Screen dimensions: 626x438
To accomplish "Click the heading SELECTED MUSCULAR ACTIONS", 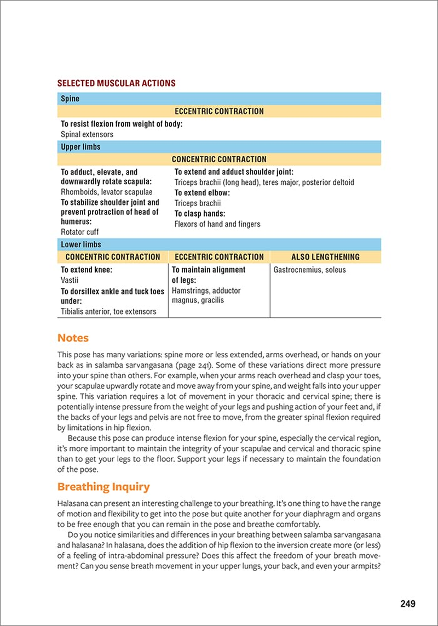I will pos(116,83).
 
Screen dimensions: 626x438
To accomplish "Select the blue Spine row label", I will pos(70,99).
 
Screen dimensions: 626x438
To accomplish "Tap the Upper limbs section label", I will pos(80,147).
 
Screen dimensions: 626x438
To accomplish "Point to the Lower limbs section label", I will pos(81,244).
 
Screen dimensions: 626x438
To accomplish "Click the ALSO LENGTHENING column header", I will pos(325,257).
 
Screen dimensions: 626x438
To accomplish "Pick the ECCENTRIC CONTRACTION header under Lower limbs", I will pos(219,257).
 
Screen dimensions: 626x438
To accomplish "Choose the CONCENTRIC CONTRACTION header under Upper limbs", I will pos(219,159).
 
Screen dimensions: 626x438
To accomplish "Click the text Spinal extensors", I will pos(87,134).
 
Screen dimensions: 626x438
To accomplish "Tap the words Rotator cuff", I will pos(80,232).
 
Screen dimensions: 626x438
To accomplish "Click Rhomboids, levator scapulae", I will pos(107,192).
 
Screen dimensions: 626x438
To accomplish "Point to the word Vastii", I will pos(70,280).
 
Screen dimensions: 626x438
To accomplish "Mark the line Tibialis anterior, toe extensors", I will pos(108,311).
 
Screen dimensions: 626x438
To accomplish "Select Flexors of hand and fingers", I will pos(217,224).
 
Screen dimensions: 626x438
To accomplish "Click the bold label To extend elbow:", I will pos(202,193).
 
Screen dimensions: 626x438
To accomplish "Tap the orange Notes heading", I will pos(73,338).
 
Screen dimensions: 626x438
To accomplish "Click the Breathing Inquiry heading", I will pos(103,487).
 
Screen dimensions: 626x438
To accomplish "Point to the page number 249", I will pos(408,604).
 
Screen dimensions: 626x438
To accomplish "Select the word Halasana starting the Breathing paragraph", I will pos(74,503).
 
